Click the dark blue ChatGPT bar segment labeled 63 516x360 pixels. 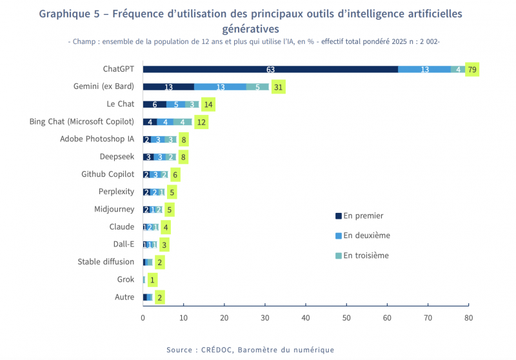[270, 69]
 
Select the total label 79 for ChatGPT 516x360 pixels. [473, 69]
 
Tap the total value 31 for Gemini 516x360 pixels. [279, 87]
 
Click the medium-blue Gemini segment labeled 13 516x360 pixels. [220, 87]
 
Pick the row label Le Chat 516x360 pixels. [121, 104]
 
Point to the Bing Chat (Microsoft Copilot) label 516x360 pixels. [82, 121]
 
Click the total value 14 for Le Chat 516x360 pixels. [208, 105]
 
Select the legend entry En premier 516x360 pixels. [363, 216]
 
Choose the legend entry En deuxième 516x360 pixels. [366, 235]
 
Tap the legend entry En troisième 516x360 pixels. [366, 255]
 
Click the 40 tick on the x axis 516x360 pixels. [306, 317]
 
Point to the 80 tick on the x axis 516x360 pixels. [469, 317]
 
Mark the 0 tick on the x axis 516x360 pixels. [143, 317]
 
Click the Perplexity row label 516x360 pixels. [116, 192]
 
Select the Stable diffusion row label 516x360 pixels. [106, 262]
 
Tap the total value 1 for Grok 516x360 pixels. [152, 280]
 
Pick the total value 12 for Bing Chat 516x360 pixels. [201, 122]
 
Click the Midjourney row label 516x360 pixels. [114, 209]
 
